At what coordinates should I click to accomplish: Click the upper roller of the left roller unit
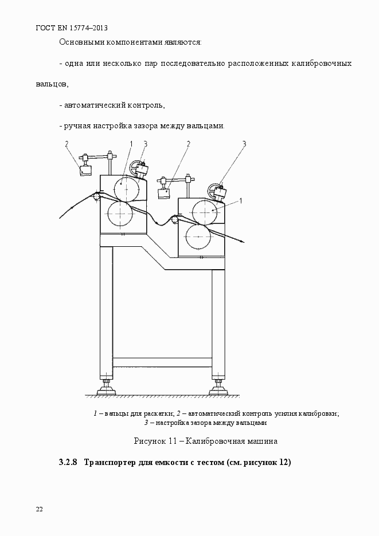click(x=127, y=188)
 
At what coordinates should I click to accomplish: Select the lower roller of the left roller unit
click(x=120, y=214)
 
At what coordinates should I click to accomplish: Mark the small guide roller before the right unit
click(x=175, y=219)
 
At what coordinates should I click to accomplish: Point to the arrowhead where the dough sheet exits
click(x=243, y=242)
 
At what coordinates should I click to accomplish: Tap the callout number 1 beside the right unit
click(x=241, y=201)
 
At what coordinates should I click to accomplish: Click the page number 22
click(x=40, y=509)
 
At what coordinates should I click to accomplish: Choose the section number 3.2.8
click(x=69, y=463)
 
